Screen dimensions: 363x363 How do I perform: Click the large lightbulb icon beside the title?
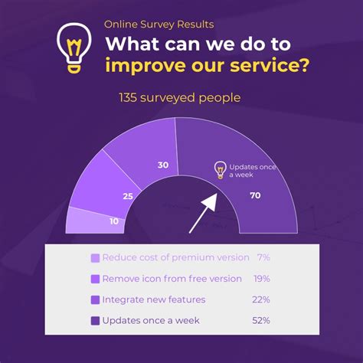click(74, 48)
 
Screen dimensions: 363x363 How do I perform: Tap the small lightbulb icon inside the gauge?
click(221, 170)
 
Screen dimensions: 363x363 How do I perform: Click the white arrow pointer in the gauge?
click(203, 213)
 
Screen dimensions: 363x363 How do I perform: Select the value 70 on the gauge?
click(255, 195)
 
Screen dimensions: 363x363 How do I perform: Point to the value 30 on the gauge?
click(163, 165)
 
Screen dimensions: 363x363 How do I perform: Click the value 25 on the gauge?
click(128, 196)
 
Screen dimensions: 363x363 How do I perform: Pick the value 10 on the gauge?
click(114, 221)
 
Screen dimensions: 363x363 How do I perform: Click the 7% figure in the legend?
click(263, 257)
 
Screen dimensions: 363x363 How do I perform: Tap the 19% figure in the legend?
click(262, 279)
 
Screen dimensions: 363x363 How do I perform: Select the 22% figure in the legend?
click(261, 299)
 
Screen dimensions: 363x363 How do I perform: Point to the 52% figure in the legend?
click(261, 320)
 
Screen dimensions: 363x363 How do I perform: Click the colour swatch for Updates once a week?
click(95, 321)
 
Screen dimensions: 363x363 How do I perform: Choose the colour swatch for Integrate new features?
click(95, 300)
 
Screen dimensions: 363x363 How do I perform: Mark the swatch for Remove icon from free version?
click(95, 279)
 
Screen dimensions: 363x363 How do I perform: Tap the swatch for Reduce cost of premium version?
click(95, 258)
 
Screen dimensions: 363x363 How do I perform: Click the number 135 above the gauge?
click(128, 98)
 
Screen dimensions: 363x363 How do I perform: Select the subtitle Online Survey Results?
click(159, 25)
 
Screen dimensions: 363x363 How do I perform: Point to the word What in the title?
click(132, 44)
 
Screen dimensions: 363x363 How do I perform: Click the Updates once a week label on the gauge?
click(252, 171)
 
